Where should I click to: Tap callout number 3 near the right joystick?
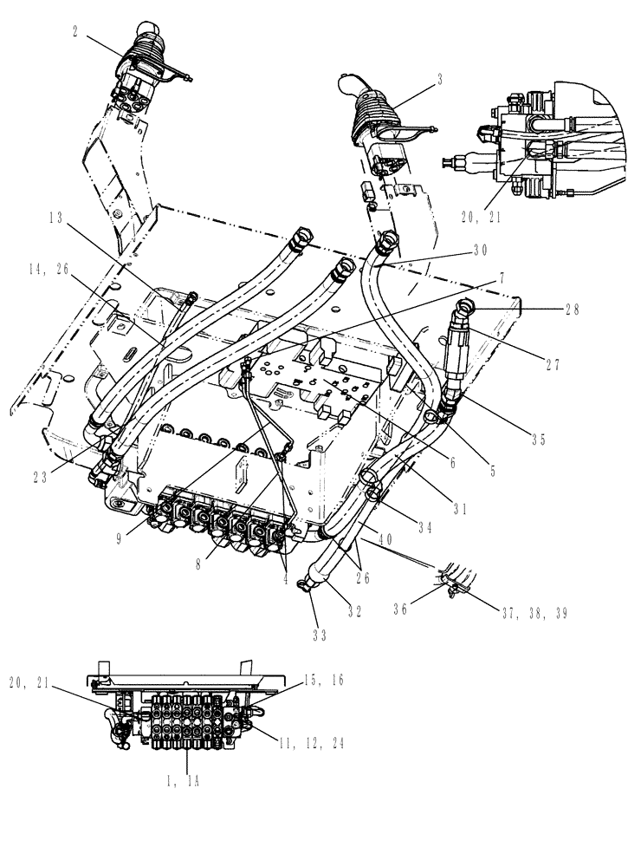(x=440, y=78)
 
